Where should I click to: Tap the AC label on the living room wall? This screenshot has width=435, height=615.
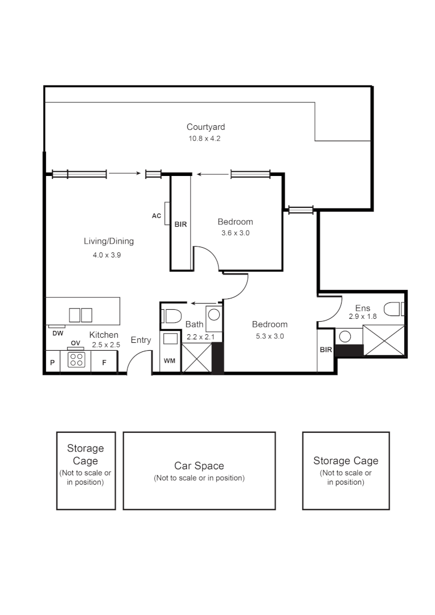click(157, 216)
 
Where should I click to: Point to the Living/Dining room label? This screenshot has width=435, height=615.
click(109, 241)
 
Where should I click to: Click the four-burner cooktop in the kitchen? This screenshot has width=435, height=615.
click(76, 360)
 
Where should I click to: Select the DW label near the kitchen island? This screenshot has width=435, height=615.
click(58, 333)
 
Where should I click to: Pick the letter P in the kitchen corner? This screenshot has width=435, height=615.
click(52, 362)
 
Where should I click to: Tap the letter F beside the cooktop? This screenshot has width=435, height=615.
click(104, 362)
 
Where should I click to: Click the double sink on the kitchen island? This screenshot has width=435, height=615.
click(80, 315)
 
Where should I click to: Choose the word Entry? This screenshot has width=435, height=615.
click(141, 340)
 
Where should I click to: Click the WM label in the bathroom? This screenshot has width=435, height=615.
click(170, 361)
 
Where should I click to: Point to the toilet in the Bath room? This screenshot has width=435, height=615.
click(171, 315)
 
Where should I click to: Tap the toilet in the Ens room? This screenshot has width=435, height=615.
click(393, 309)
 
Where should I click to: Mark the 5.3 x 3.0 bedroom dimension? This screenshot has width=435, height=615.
click(270, 336)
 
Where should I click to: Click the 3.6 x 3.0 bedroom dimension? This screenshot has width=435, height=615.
click(235, 233)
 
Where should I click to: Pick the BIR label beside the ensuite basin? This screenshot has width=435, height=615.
click(326, 350)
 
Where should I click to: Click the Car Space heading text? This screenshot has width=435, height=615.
click(199, 466)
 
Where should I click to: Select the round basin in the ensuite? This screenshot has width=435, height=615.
click(344, 337)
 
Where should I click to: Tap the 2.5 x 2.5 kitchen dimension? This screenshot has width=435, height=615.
click(106, 345)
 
